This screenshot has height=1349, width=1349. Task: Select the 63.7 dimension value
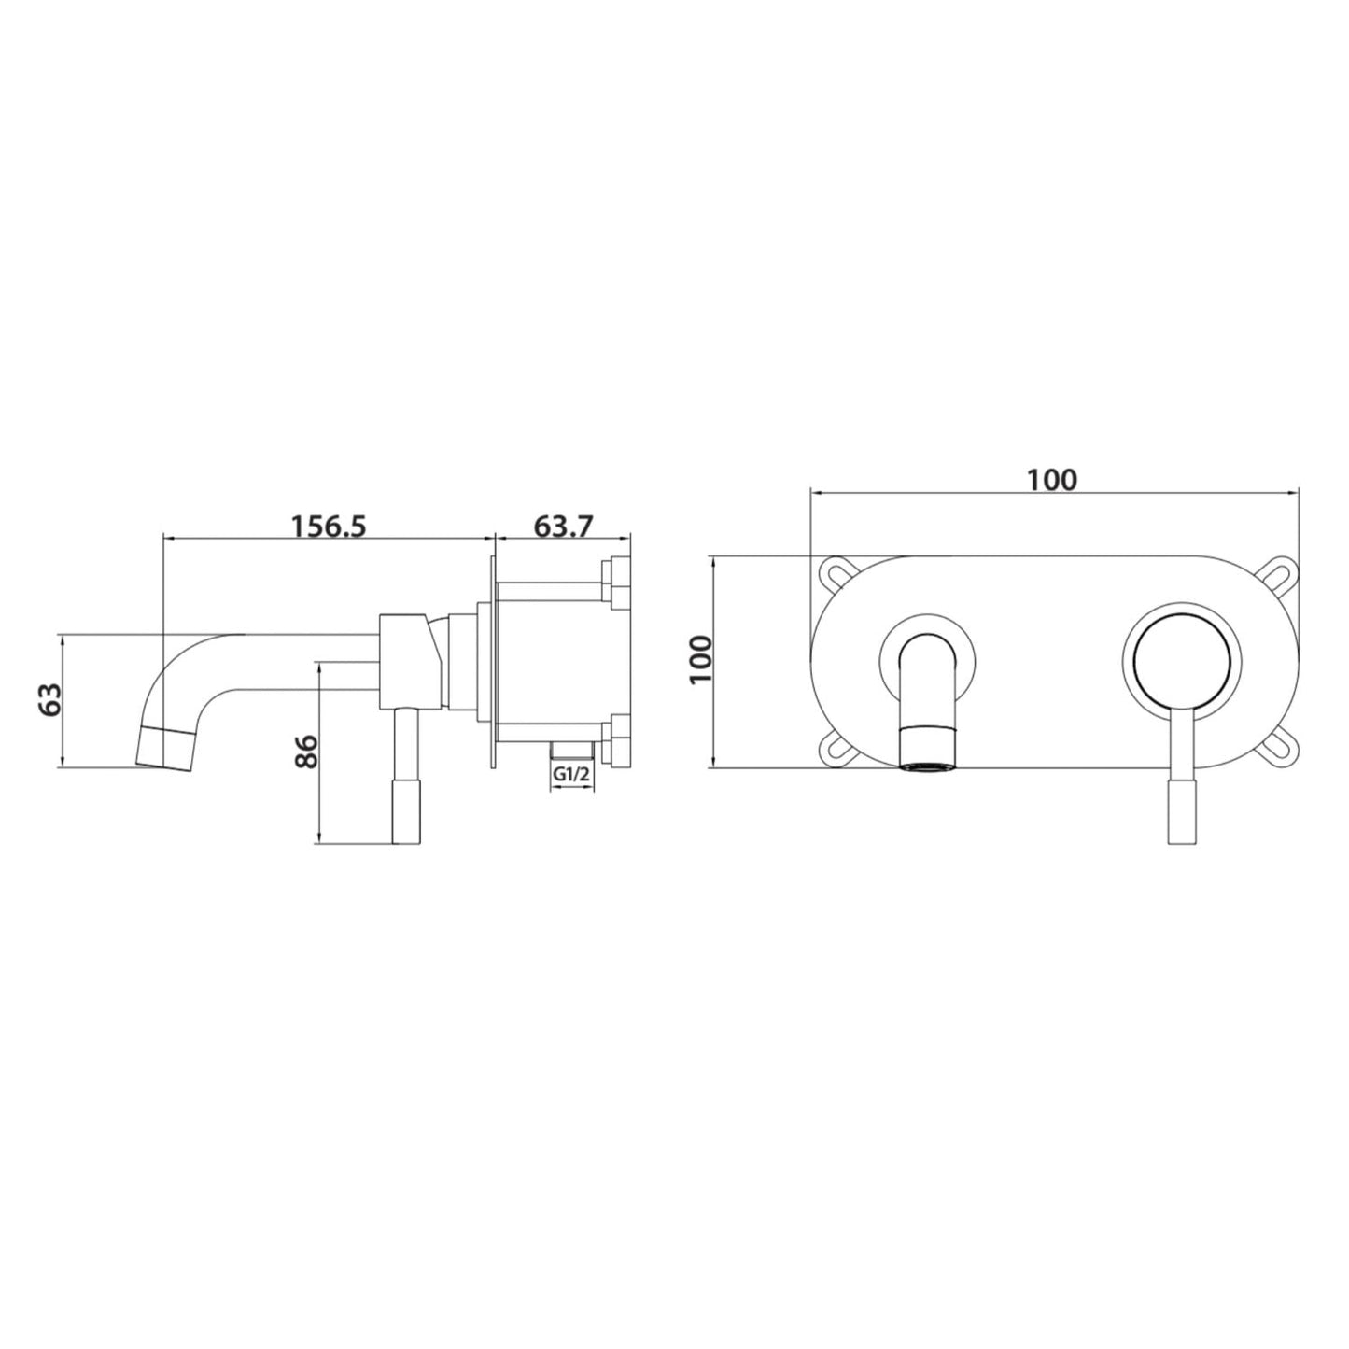(563, 527)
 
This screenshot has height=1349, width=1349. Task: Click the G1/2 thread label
(571, 775)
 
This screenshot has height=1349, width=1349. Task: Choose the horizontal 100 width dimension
(1052, 480)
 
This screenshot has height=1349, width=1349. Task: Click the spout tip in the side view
(167, 747)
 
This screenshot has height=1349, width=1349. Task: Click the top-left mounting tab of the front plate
(835, 570)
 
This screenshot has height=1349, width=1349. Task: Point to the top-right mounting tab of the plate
(1279, 570)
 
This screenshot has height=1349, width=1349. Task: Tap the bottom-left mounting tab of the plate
(835, 749)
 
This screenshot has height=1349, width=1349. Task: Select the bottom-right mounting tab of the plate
(1279, 749)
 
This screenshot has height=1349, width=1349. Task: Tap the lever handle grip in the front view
(1182, 812)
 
